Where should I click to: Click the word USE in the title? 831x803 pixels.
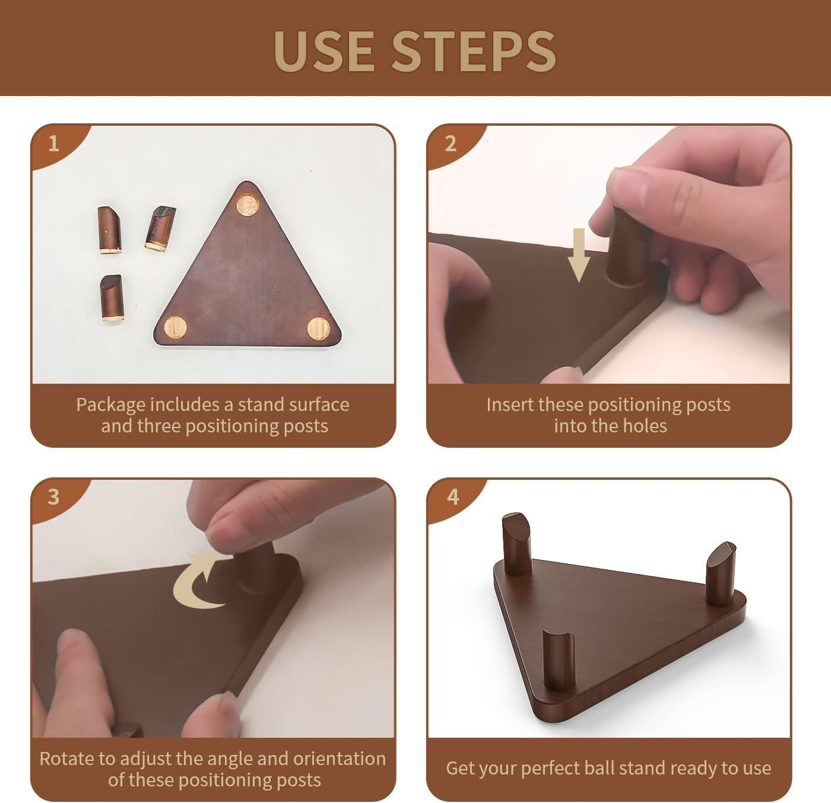coord(324,51)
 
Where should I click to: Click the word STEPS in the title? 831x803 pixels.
coord(474,51)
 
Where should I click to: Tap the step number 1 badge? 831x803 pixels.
coord(53,144)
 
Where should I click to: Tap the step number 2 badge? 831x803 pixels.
coord(451,144)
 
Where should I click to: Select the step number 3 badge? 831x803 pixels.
coord(53,496)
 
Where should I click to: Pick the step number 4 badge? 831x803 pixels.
coord(453,496)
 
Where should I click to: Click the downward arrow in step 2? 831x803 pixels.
coord(579,255)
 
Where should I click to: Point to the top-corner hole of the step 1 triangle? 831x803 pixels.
coord(248,205)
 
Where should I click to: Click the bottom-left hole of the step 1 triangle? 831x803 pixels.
coord(176,327)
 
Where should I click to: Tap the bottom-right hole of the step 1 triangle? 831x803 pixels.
coord(319,329)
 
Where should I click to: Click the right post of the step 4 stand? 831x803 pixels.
coord(721,574)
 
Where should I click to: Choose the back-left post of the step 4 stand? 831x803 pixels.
coord(517,544)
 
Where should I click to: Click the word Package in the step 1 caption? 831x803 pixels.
coord(110,405)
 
